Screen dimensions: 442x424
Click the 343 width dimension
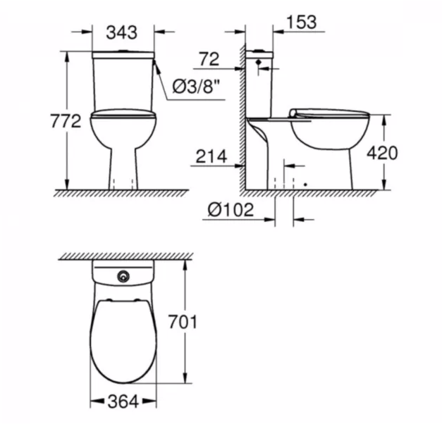coord(122,32)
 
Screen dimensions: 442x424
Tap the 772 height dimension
coord(66,121)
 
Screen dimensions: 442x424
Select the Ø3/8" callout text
coord(196,87)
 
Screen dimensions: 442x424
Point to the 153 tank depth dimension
coord(302,22)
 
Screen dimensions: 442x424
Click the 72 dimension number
coord(209,59)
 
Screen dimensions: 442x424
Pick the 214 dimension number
coord(211,156)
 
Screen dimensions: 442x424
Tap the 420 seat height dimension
coord(382,153)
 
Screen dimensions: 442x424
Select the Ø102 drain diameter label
coord(231,210)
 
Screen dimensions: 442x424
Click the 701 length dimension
coord(183,322)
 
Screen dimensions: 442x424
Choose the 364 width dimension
coord(123,401)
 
